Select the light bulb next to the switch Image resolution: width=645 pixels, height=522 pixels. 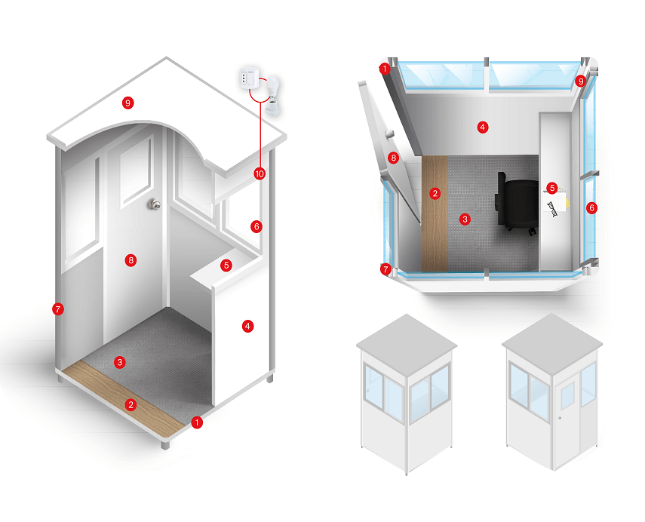pyautogui.click(x=272, y=94)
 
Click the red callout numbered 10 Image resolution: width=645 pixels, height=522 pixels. pyautogui.click(x=260, y=173)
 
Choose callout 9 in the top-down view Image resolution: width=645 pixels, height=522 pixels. pyautogui.click(x=580, y=81)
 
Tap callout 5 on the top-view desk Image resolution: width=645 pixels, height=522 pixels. pyautogui.click(x=551, y=187)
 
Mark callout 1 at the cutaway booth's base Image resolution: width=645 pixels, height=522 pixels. pyautogui.click(x=198, y=422)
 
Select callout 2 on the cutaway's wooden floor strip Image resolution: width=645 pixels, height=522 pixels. pyautogui.click(x=131, y=404)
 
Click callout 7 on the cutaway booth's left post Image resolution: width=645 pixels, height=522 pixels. pyautogui.click(x=56, y=308)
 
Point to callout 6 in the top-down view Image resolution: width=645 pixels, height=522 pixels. pyautogui.click(x=591, y=207)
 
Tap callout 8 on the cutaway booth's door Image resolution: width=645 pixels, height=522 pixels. pyautogui.click(x=131, y=260)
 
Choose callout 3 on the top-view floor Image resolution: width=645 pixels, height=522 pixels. pyautogui.click(x=465, y=219)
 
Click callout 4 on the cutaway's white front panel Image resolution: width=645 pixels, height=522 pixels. pyautogui.click(x=247, y=326)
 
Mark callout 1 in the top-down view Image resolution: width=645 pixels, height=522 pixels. pyautogui.click(x=385, y=70)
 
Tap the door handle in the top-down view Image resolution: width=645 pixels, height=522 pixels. pyautogui.click(x=390, y=133)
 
